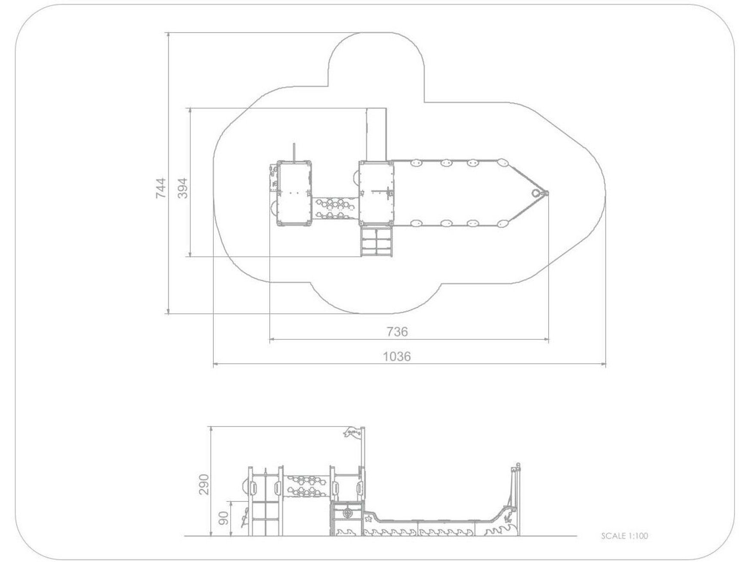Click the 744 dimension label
pos(160,188)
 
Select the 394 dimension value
pos(183,188)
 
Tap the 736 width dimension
pos(397,332)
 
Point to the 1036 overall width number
pos(397,356)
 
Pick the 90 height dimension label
pos(224,517)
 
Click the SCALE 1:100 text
pos(624,536)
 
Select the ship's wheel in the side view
pos(347,513)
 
